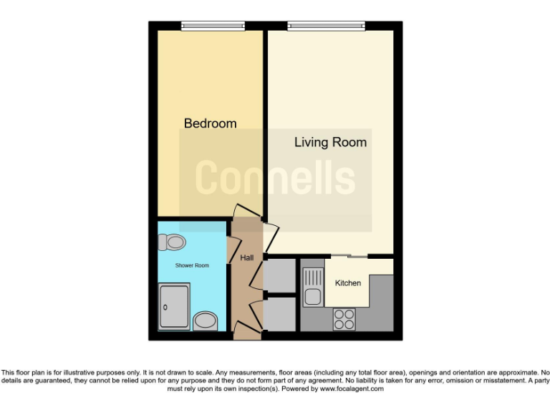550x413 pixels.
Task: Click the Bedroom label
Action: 210,123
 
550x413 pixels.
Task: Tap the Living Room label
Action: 330,142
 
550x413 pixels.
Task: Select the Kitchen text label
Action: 348,283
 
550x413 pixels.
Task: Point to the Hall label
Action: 246,257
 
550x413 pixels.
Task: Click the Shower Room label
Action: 192,265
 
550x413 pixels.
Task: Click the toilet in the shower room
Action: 174,242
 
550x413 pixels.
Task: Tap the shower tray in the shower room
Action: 175,307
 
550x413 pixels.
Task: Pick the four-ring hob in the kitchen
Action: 344,318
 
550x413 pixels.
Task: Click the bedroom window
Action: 213,27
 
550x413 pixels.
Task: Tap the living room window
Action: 326,27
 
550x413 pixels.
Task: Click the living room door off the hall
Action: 271,236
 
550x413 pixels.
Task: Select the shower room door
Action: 231,250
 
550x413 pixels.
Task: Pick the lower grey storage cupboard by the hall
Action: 279,314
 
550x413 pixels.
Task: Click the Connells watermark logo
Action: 275,178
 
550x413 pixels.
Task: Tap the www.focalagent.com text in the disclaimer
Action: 352,389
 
